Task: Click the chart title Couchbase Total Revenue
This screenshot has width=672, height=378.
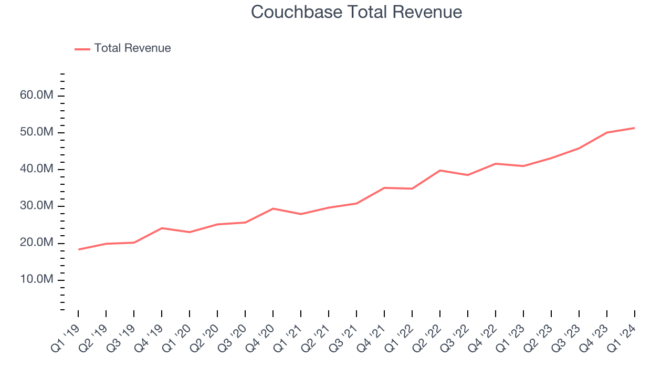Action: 356,12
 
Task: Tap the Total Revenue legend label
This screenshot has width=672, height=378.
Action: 132,48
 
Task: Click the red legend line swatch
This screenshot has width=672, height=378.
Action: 82,49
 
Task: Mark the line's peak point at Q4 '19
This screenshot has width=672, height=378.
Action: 162,228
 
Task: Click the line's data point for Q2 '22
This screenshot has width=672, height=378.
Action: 440,170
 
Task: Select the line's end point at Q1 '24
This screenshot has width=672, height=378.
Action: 635,128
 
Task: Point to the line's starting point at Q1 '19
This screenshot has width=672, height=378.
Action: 78,249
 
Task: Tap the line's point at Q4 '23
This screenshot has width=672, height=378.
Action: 607,132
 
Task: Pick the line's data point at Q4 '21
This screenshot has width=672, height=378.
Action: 384,187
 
